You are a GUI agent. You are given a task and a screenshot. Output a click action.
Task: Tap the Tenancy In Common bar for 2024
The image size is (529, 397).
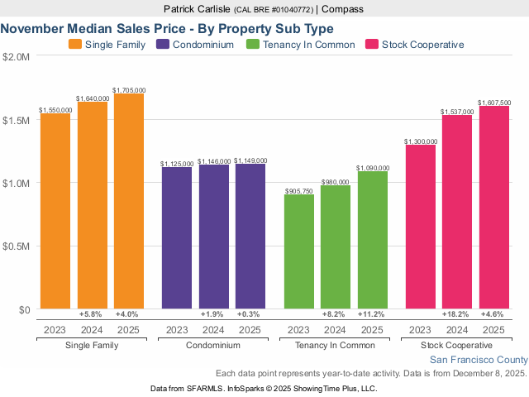coord(336,247)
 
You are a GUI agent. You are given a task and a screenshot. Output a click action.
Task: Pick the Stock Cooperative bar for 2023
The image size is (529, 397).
coord(421,227)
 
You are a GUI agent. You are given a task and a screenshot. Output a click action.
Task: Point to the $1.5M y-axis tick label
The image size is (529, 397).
coord(17,120)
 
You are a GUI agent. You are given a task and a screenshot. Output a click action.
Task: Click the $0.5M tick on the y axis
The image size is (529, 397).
coord(17,246)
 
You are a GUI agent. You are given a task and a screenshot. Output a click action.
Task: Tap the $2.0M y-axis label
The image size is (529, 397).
coord(17,57)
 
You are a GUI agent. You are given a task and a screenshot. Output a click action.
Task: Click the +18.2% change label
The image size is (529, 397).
coord(457,315)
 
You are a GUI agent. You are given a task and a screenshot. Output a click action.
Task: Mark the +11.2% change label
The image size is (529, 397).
coord(371,315)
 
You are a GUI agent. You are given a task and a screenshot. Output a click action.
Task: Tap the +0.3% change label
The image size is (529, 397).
coord(249,315)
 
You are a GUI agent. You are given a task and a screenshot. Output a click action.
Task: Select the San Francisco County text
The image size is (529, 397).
coord(478,360)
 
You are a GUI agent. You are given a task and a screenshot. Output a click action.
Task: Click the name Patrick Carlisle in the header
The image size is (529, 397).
coord(198,9)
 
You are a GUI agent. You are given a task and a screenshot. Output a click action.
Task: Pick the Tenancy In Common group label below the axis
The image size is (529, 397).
coord(336,345)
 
